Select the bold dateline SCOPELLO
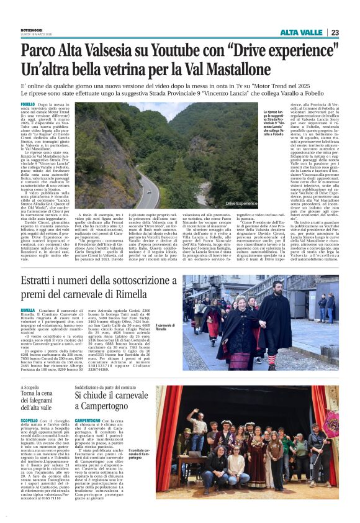pos(30,421)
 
